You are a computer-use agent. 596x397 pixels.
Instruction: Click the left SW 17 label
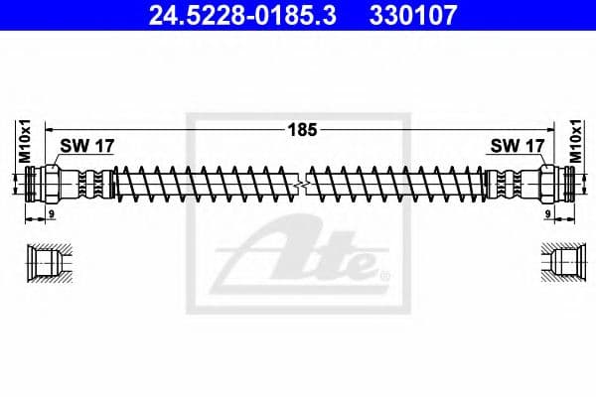click(87, 145)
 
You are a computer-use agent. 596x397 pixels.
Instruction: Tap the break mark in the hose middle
click(299, 185)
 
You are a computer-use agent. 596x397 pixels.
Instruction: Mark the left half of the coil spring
click(204, 185)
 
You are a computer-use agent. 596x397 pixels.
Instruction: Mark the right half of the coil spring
click(397, 185)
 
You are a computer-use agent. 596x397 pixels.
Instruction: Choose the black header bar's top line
click(298, 2)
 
